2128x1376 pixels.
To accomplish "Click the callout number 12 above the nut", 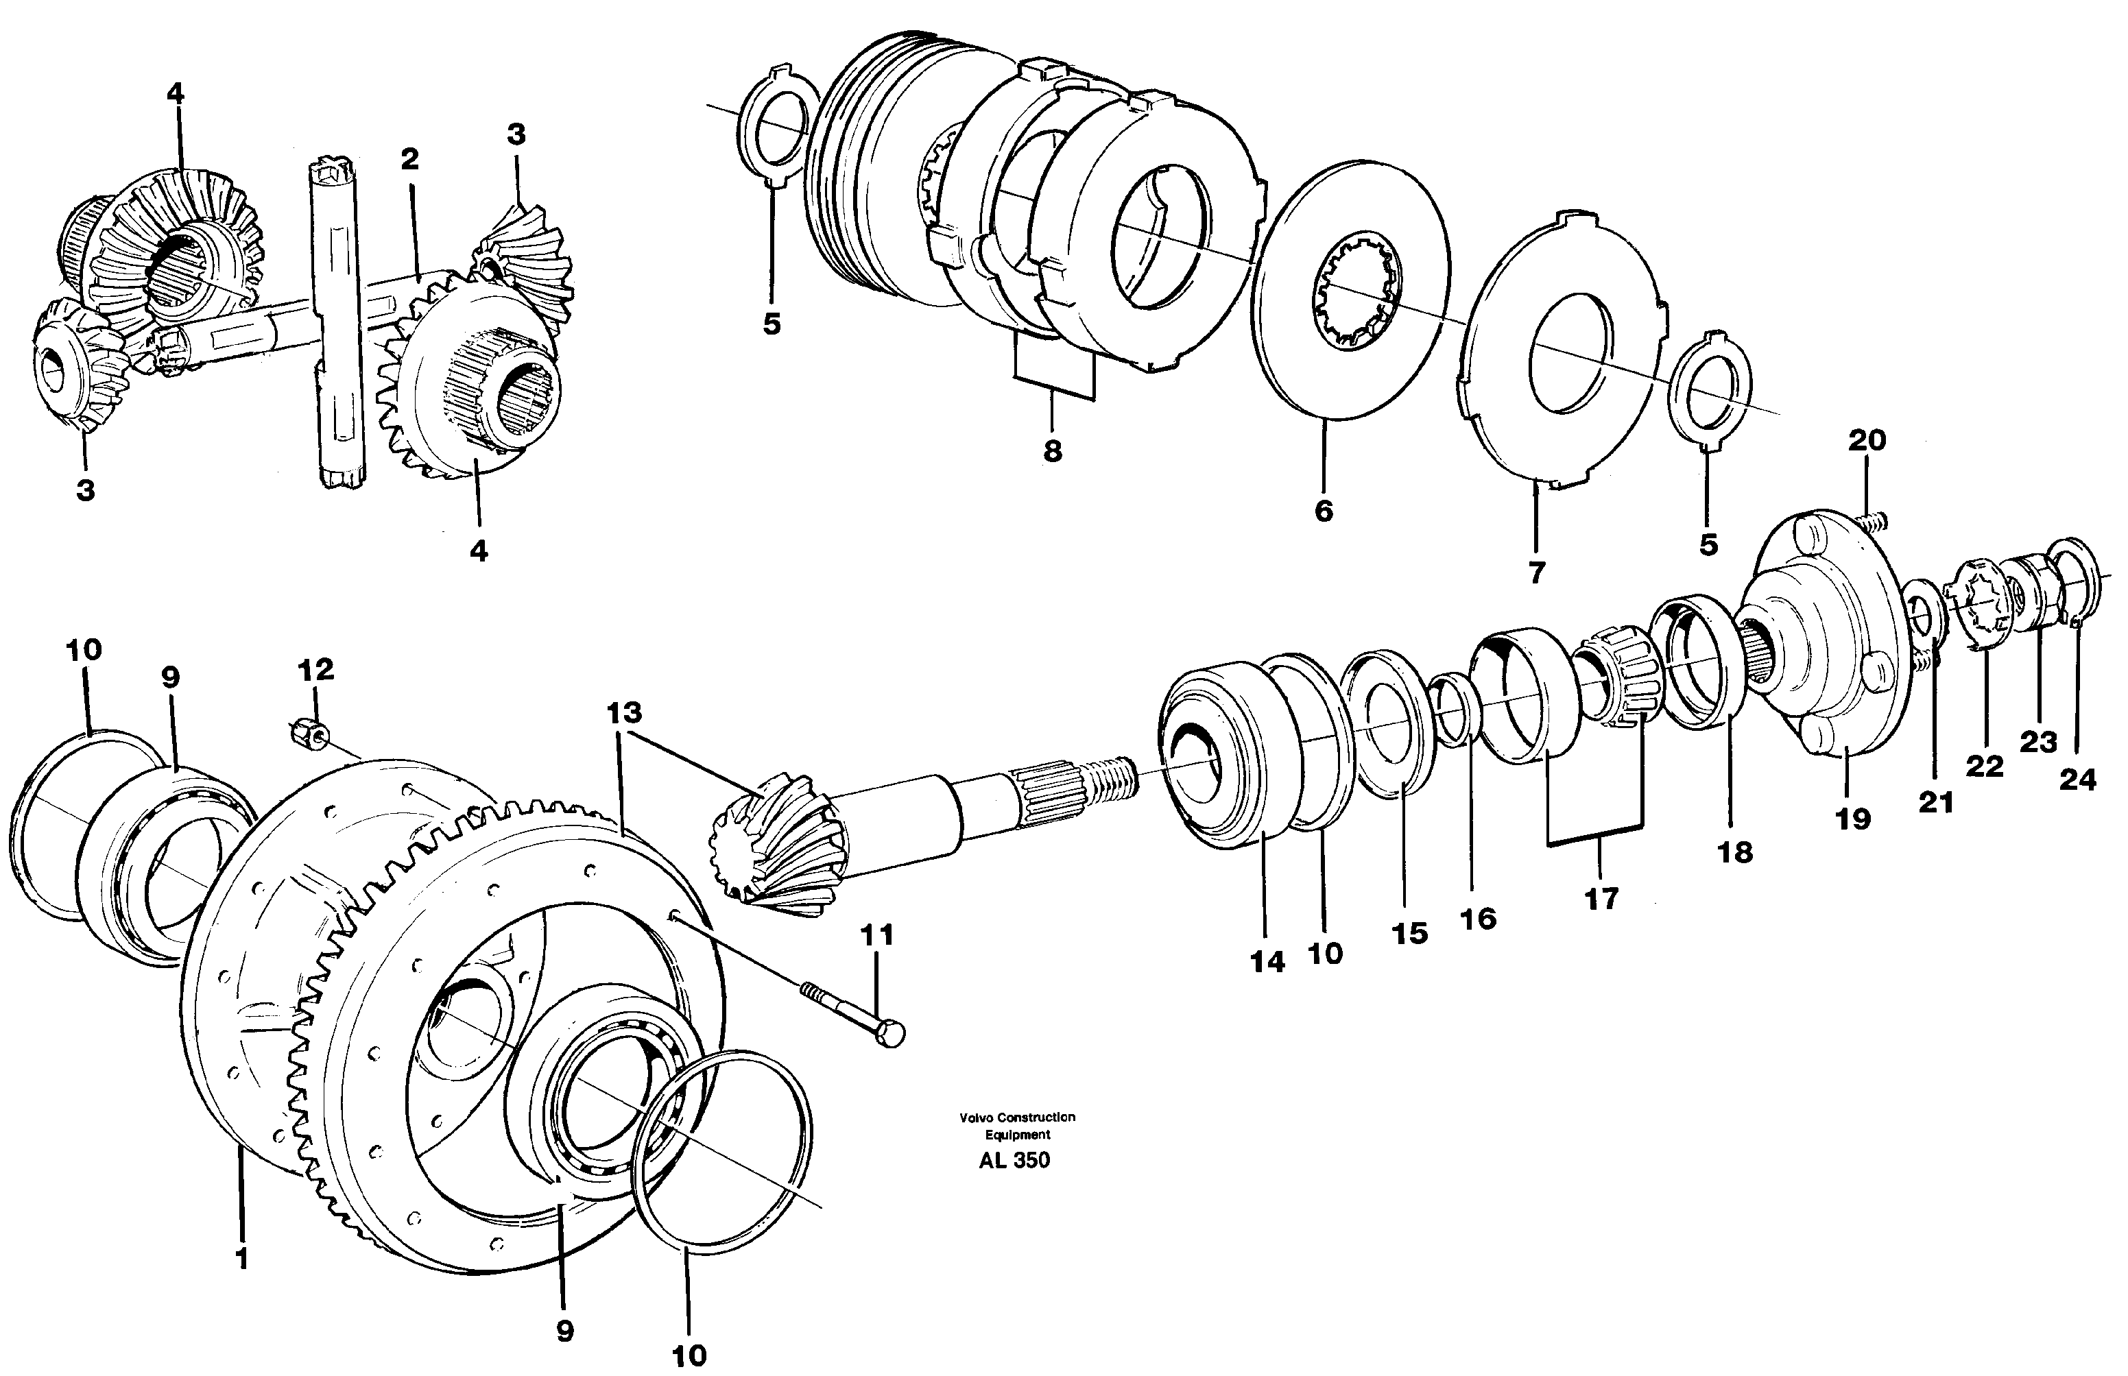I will click(x=315, y=669).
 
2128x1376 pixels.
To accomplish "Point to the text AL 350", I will click(x=1014, y=1161).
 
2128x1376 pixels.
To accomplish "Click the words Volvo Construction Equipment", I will click(x=1017, y=1126).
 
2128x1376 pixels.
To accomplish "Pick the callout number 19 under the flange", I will click(x=1853, y=819).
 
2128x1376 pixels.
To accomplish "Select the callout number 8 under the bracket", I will click(x=1053, y=451).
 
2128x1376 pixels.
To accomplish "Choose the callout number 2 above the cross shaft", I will click(x=409, y=160).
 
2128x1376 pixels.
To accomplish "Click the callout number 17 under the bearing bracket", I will click(x=1601, y=898).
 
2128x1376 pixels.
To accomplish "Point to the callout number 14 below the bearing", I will click(x=1267, y=963).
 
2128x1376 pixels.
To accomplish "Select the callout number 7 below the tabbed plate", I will click(x=1536, y=572).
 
